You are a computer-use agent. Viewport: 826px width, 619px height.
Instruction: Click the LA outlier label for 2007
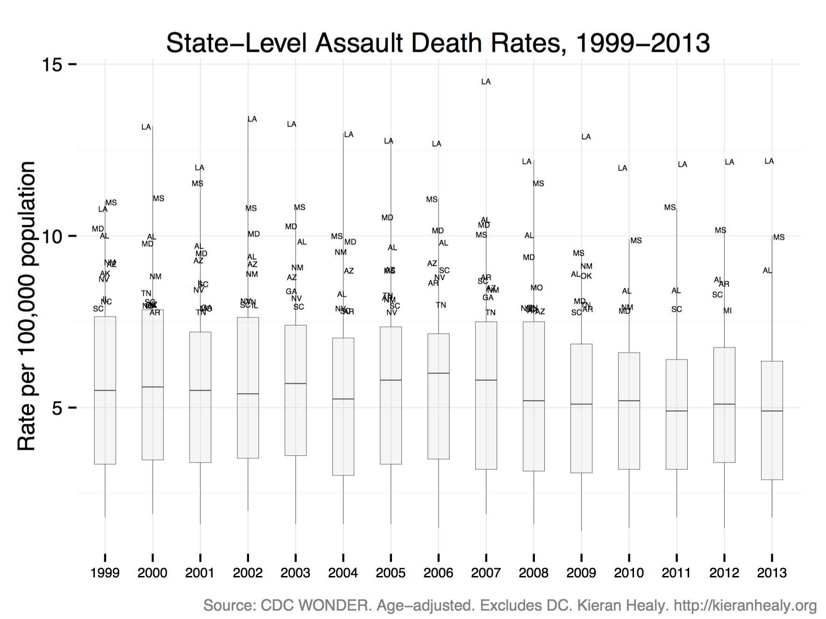tap(486, 82)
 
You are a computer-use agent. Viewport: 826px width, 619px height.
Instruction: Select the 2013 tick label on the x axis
tap(771, 573)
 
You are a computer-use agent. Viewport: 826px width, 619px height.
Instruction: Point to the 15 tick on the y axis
tap(52, 65)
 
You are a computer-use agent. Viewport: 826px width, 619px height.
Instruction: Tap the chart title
tap(438, 43)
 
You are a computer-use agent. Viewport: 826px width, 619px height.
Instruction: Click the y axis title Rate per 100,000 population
tap(27, 306)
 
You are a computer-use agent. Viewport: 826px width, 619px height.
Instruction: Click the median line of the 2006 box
tap(438, 373)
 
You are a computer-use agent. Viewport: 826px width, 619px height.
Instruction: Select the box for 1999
tap(105, 390)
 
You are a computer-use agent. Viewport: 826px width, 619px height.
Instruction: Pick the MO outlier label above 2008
tap(536, 288)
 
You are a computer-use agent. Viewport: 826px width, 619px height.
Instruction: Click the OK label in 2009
tap(586, 276)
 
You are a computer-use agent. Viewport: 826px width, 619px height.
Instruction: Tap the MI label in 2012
tap(727, 311)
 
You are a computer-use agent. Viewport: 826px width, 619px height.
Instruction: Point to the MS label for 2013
tap(778, 238)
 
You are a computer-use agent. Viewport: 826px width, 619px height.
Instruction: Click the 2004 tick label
tap(342, 573)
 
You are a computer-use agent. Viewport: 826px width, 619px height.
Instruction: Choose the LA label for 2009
tap(586, 137)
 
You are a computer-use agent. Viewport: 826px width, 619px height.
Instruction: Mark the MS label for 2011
tap(669, 208)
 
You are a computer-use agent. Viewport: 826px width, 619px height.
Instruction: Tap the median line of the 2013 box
tap(771, 411)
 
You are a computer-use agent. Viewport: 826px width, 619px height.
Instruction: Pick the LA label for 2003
tap(292, 124)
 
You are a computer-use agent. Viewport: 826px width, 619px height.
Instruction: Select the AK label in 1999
tap(105, 274)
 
